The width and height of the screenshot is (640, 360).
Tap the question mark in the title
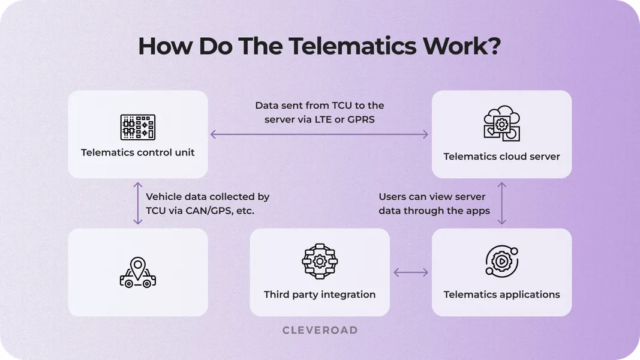[x=493, y=47]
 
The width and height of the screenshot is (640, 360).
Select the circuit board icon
[x=138, y=127]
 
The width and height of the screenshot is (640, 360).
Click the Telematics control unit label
[x=138, y=152]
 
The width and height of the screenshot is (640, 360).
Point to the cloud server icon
[x=501, y=125]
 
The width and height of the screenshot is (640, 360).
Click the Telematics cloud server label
[x=501, y=157]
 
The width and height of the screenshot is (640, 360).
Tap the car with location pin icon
[x=138, y=273]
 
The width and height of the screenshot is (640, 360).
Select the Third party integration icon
[x=320, y=261]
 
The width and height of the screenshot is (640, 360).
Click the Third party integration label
[x=320, y=295]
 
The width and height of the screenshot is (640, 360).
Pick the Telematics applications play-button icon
[x=501, y=262]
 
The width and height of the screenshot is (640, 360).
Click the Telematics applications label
[x=501, y=295]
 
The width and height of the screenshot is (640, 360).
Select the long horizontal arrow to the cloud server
[x=320, y=134]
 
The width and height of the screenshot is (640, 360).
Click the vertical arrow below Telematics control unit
[x=138, y=203]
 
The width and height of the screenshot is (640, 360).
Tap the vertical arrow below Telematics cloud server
[x=502, y=203]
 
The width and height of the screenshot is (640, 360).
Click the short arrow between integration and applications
[x=411, y=273]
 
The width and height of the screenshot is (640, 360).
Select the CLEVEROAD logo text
[x=320, y=330]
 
